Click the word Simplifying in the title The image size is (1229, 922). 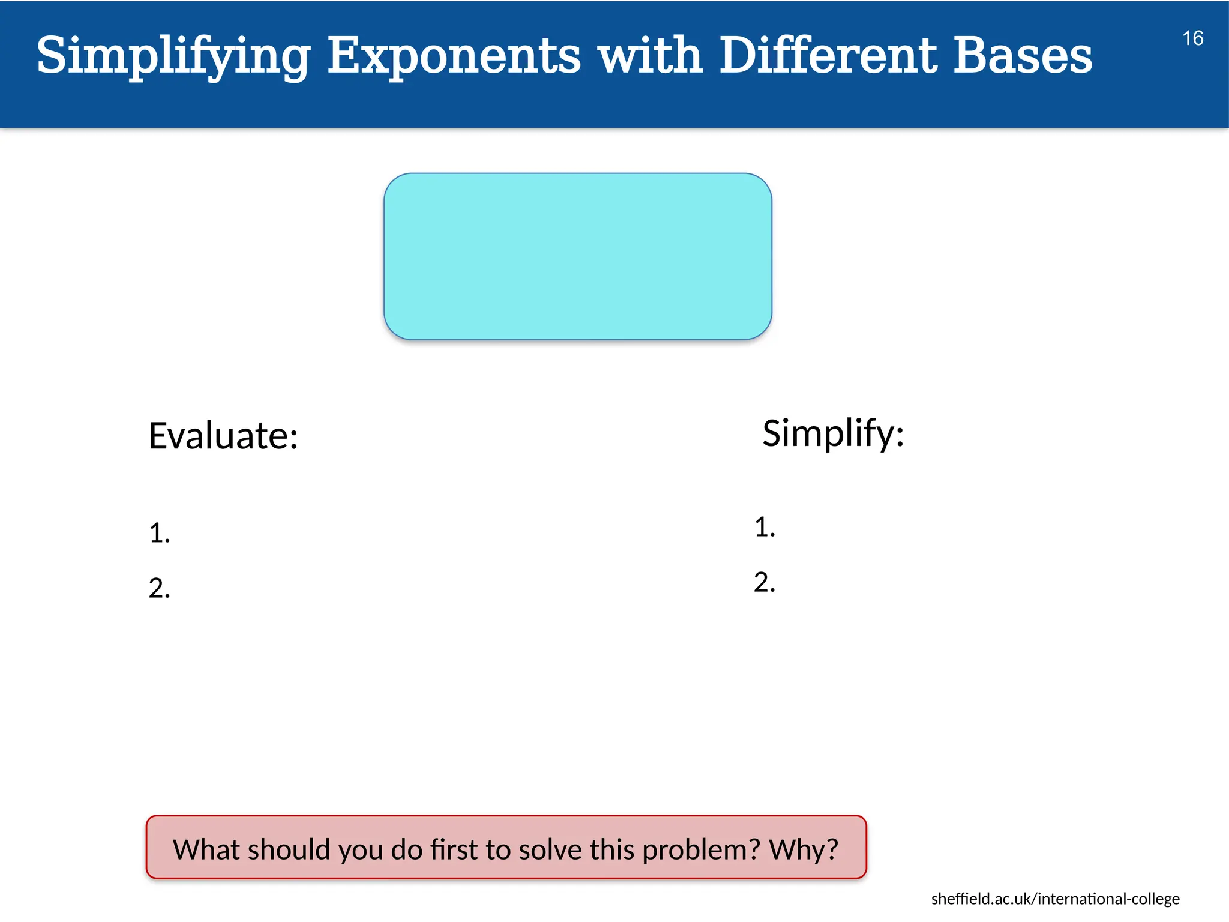(173, 55)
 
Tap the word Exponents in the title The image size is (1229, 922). (454, 55)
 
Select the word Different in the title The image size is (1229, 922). (828, 55)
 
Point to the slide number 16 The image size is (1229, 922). (1192, 38)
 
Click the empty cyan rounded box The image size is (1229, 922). (577, 256)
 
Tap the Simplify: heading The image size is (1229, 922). (833, 433)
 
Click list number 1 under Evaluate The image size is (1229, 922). (159, 533)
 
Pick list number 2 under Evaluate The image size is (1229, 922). (159, 588)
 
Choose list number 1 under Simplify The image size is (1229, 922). (764, 527)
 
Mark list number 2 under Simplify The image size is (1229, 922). (764, 582)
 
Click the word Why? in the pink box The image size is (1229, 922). (804, 849)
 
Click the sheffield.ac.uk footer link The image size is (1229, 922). (1055, 899)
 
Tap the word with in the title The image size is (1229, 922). (650, 55)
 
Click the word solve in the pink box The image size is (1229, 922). (550, 849)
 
